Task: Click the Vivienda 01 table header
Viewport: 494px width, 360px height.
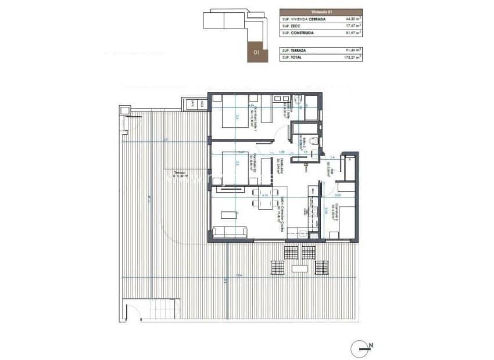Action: [x=321, y=12]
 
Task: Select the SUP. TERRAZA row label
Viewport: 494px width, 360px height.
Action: [x=293, y=51]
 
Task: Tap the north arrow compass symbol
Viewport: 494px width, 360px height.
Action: [x=361, y=348]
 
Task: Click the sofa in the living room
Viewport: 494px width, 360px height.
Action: [x=230, y=232]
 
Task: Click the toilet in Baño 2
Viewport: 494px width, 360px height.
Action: [x=314, y=142]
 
